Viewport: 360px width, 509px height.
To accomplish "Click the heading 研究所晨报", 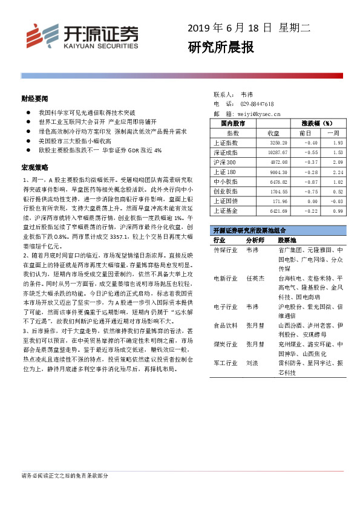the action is (x=220, y=47).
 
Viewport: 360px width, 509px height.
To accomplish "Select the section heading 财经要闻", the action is (x=31, y=98).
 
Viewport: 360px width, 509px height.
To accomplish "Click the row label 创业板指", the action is (x=225, y=191).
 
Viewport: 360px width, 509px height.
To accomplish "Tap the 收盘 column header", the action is (x=273, y=133).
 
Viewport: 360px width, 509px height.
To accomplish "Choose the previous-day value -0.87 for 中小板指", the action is (x=311, y=181).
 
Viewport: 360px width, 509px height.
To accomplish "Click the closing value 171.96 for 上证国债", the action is (x=280, y=201).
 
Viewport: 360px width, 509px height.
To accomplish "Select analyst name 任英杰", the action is (x=255, y=279).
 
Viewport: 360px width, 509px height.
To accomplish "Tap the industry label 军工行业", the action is (x=225, y=364).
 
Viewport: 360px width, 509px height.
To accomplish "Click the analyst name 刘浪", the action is (x=252, y=364).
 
